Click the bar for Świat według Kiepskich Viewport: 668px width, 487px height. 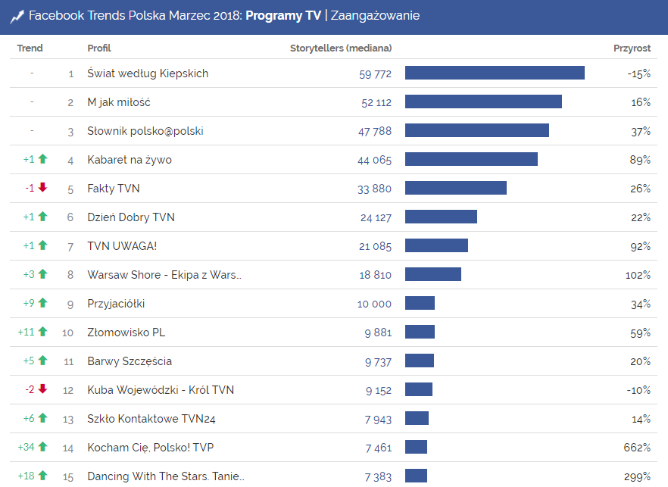click(x=495, y=73)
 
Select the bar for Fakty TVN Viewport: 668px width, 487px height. click(x=455, y=188)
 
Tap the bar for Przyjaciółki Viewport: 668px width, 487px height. click(x=420, y=303)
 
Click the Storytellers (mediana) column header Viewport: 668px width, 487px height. click(x=341, y=48)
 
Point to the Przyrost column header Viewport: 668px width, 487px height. click(x=632, y=48)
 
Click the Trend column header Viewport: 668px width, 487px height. click(x=30, y=48)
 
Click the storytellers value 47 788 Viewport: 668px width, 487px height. click(x=375, y=131)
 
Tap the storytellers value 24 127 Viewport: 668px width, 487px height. click(x=376, y=217)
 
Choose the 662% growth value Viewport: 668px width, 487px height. click(x=637, y=448)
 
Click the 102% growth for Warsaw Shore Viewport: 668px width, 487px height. click(x=638, y=275)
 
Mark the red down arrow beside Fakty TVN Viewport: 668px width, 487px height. click(x=42, y=188)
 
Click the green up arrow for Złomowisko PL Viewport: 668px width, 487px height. click(x=42, y=332)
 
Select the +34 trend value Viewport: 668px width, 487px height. click(x=27, y=448)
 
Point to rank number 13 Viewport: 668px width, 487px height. click(x=69, y=419)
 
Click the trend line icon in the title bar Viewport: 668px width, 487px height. click(x=17, y=16)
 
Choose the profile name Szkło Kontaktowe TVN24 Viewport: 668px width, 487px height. click(x=151, y=419)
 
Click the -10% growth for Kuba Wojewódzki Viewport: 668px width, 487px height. click(x=639, y=390)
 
